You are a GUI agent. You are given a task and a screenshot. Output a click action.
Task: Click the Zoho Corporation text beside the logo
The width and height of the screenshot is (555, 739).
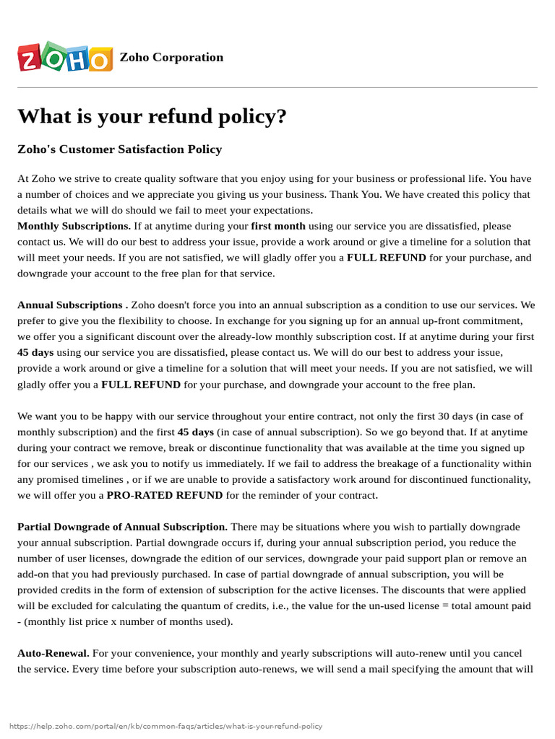tap(171, 58)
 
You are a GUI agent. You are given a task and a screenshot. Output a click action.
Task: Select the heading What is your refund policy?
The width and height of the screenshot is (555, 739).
tap(152, 116)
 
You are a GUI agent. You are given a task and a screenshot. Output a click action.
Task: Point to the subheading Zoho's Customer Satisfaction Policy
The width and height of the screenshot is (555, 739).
tap(119, 149)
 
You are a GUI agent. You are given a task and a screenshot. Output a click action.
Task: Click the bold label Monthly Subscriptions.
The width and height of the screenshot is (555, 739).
tap(74, 226)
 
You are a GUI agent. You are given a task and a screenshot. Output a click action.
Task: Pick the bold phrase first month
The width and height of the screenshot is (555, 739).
tap(278, 226)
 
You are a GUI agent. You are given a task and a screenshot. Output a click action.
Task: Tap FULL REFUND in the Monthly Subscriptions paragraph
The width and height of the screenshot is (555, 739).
tap(386, 258)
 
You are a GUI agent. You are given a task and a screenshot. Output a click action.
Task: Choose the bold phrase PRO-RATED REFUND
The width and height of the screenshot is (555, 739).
tap(165, 495)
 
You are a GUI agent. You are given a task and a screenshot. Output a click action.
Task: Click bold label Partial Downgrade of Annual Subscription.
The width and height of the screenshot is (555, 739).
tap(122, 527)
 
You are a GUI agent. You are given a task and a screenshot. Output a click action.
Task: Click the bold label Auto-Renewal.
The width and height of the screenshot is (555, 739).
tap(53, 653)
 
